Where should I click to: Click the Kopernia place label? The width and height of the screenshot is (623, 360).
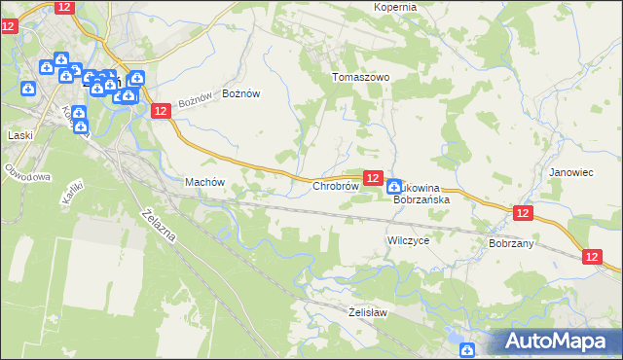[395, 7]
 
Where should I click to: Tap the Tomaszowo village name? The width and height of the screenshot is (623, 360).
[360, 77]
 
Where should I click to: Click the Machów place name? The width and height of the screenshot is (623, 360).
[204, 182]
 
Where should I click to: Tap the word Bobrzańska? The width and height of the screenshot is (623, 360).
[421, 199]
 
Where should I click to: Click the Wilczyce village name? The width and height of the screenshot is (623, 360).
[408, 239]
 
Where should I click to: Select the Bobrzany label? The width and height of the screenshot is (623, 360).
[511, 243]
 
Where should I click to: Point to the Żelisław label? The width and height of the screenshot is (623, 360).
[368, 312]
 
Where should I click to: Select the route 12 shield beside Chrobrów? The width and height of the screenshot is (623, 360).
[372, 177]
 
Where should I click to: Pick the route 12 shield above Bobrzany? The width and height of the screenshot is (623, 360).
[523, 213]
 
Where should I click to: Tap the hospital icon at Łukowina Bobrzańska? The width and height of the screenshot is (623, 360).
[394, 186]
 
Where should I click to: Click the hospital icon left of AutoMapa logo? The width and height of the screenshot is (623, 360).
[467, 349]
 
